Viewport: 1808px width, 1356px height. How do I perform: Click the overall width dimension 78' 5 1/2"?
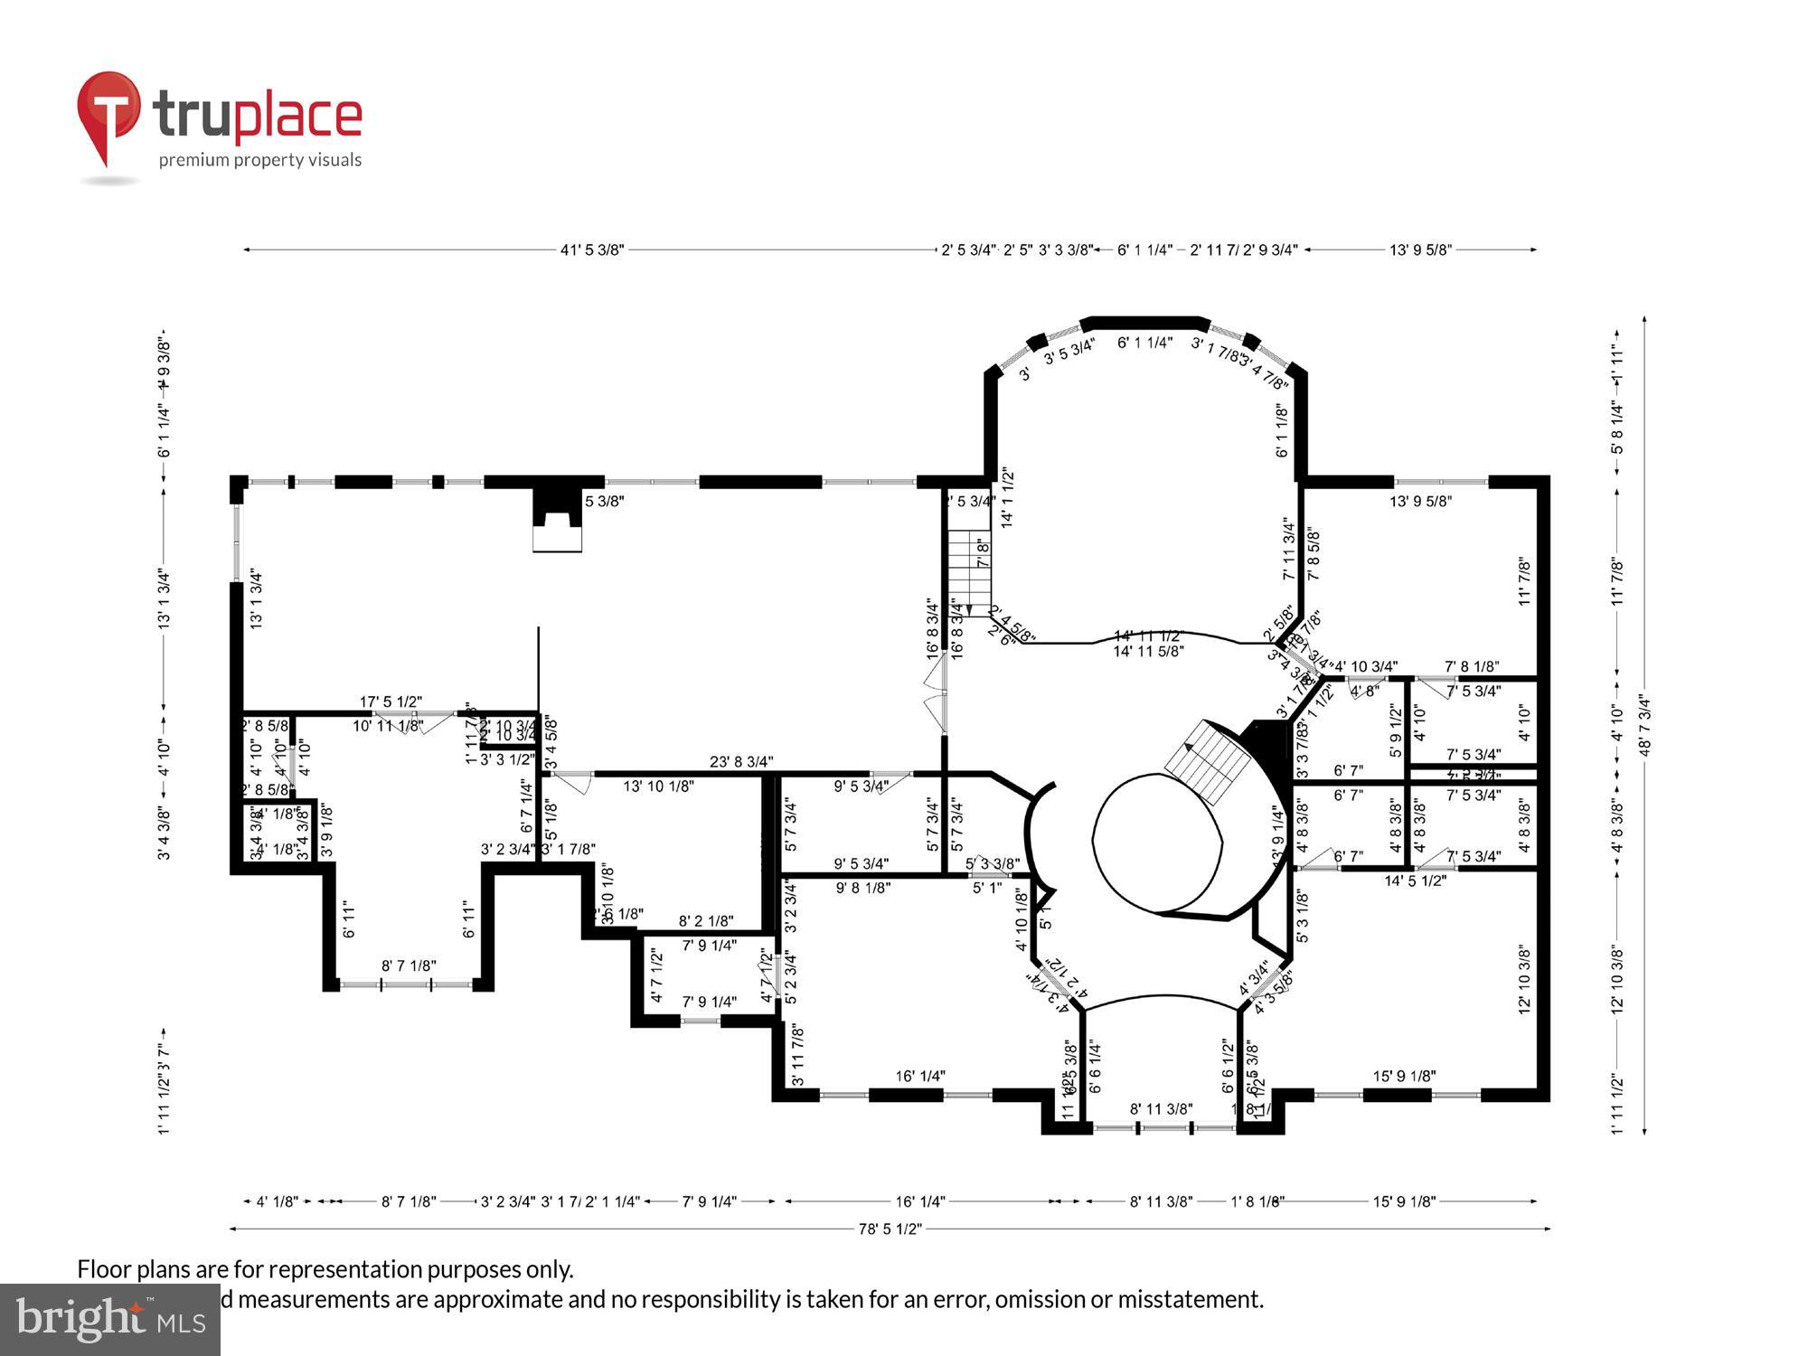[890, 1229]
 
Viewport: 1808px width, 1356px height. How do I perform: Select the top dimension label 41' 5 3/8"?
[592, 250]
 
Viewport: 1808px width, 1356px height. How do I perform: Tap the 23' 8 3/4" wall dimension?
[741, 762]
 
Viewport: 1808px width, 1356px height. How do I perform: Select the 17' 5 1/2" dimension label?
[391, 702]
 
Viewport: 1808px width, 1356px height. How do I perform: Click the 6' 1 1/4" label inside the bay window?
[1144, 343]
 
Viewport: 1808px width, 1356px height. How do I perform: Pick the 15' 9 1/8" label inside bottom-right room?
[1404, 1076]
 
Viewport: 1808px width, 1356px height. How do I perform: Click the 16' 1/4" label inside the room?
[920, 1076]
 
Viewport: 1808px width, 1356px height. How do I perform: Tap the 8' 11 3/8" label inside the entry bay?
[1161, 1109]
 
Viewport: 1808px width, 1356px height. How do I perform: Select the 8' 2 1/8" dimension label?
[706, 921]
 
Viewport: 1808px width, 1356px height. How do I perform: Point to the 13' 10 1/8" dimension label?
[658, 786]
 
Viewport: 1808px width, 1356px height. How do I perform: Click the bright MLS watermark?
[110, 1320]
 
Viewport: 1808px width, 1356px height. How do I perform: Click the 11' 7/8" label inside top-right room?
[1524, 581]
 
